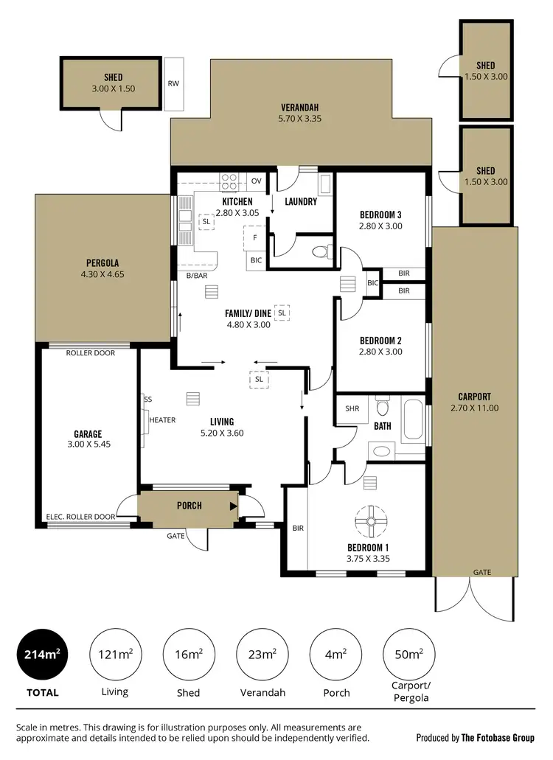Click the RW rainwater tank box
coord(173,84)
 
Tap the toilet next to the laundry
coord(320,252)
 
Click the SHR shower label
coord(351,408)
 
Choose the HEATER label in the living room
coord(162,419)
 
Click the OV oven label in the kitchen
coord(257,181)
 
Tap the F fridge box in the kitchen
coord(255,238)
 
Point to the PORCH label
coord(189,506)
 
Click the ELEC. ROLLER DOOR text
coord(80,517)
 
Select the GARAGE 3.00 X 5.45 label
coord(87,439)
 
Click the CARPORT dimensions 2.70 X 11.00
coord(474,408)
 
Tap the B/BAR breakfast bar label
coord(197,275)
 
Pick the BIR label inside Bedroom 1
coord(298,528)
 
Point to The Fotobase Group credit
coord(498,737)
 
